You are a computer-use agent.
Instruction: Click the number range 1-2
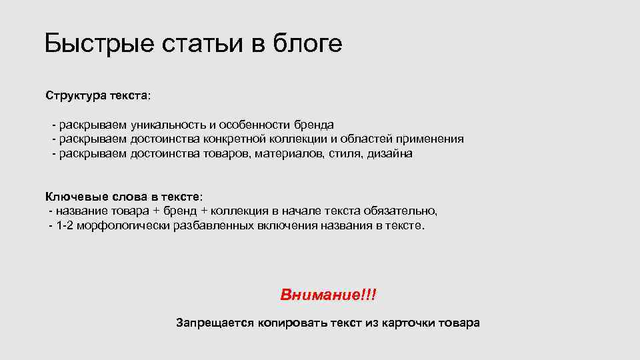[x=65, y=226]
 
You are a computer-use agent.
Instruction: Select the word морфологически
[x=123, y=226]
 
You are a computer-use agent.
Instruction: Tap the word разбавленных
[x=214, y=226]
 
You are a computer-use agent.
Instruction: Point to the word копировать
[x=286, y=323]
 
